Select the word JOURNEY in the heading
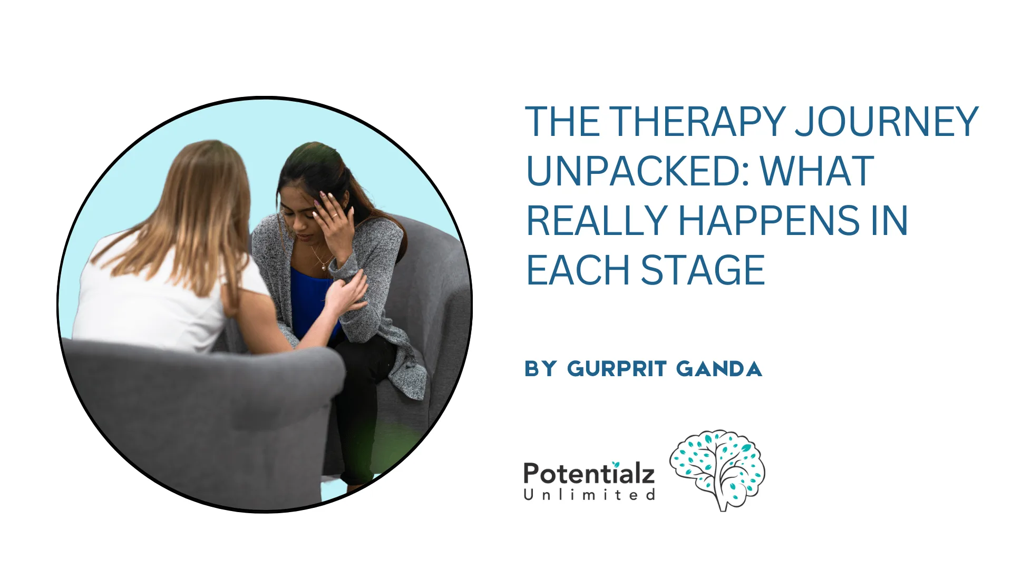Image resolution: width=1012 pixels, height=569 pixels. tap(887, 122)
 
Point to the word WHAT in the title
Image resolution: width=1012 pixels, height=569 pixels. tap(817, 172)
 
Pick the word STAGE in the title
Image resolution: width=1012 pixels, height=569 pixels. tap(703, 270)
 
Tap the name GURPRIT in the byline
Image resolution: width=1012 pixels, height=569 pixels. tap(617, 369)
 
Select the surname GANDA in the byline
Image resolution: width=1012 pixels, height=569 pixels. tap(719, 369)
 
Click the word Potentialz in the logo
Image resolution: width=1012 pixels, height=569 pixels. tap(589, 473)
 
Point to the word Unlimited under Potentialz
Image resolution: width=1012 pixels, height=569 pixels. tap(589, 495)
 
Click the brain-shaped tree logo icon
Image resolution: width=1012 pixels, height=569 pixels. tap(717, 469)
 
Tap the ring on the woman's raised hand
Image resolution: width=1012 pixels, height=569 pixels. tap(335, 215)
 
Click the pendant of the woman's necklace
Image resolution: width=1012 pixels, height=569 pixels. tap(324, 268)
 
